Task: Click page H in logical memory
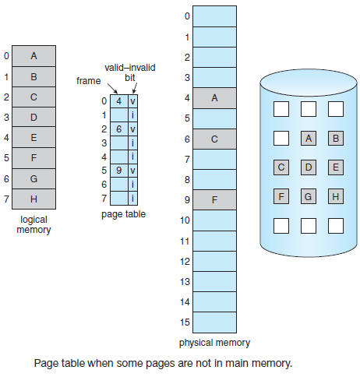click(34, 199)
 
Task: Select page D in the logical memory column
click(34, 117)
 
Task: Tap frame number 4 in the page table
click(119, 101)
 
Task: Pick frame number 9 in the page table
click(119, 171)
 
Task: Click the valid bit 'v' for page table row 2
click(132, 129)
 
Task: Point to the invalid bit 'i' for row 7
click(132, 199)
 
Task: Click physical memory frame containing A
click(214, 98)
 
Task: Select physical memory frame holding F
click(214, 200)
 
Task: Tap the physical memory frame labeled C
click(214, 139)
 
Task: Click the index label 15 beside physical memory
click(185, 322)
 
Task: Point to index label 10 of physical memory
click(185, 220)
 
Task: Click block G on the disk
click(309, 196)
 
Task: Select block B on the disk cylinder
click(336, 138)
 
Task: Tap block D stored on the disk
click(309, 167)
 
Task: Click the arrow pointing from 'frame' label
click(112, 89)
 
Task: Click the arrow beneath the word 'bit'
click(135, 88)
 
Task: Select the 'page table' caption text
click(123, 214)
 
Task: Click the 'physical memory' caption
click(214, 343)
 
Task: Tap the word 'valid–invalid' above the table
click(130, 68)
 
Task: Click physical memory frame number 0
click(214, 16)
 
